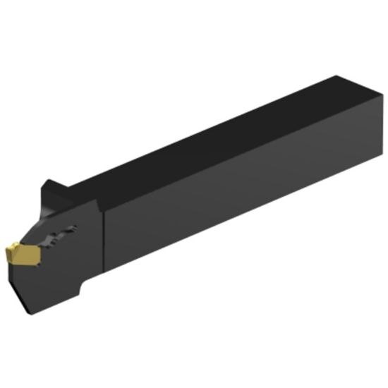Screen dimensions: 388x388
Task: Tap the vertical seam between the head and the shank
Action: click(x=104, y=240)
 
